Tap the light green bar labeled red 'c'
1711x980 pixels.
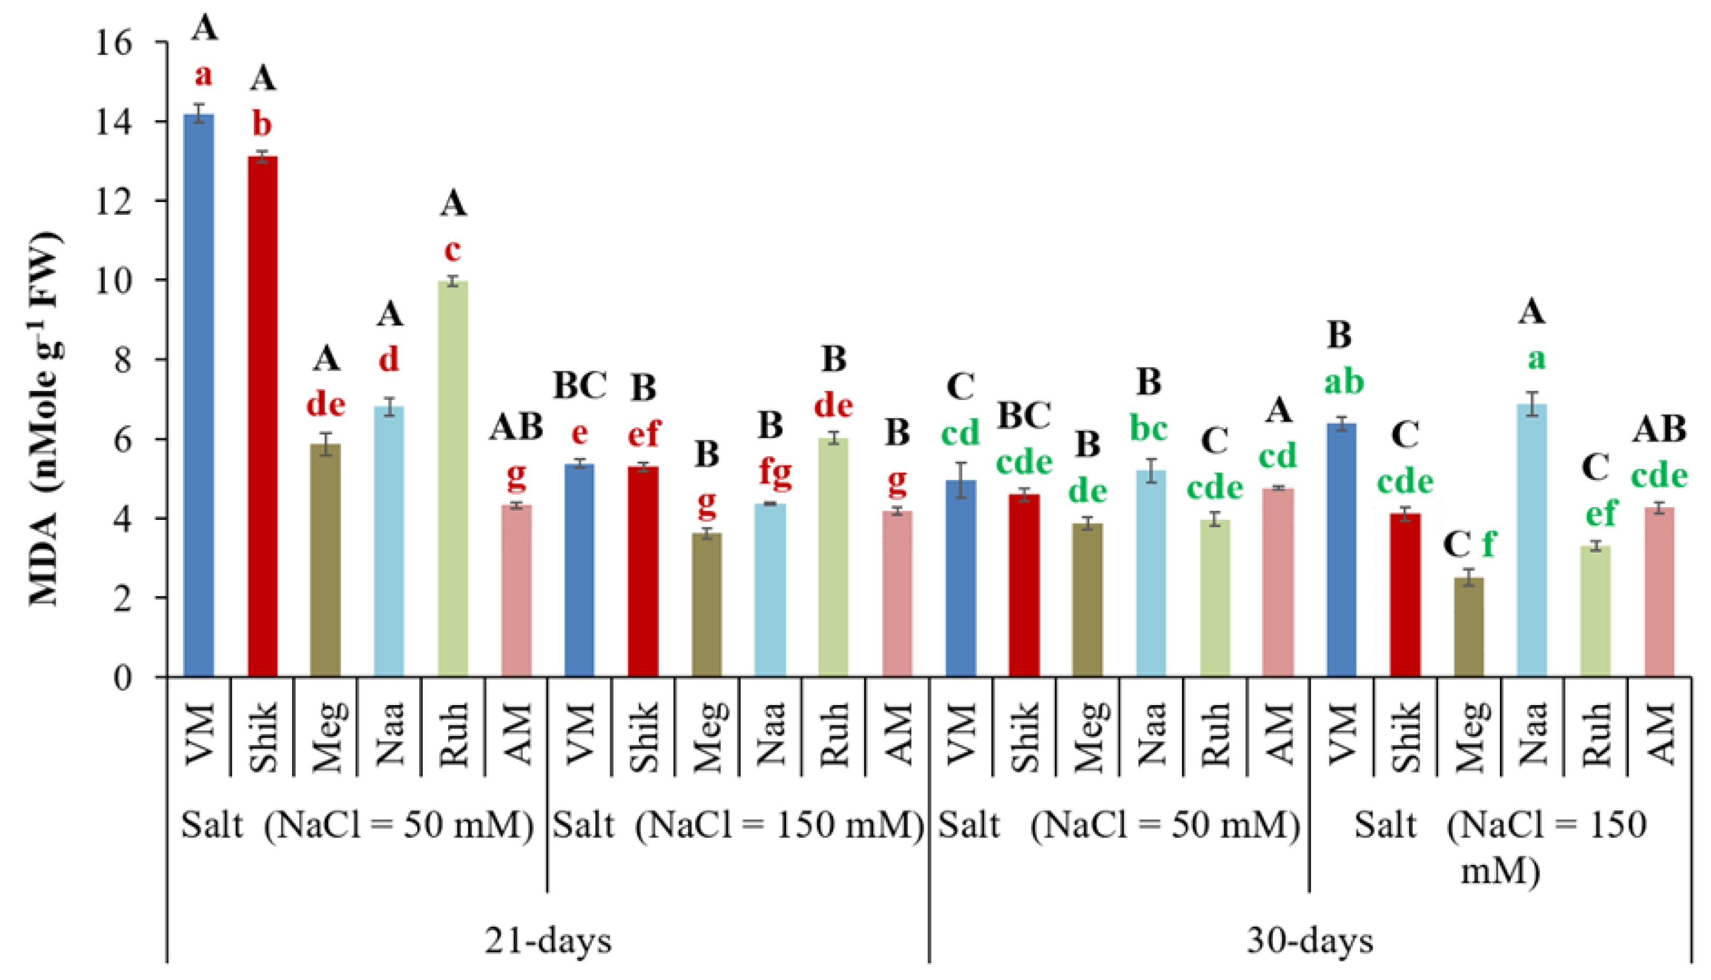click(453, 479)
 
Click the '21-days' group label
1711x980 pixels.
click(548, 940)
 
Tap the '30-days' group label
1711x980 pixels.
click(1310, 940)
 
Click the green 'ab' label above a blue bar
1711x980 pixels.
click(1344, 382)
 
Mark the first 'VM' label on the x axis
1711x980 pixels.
click(199, 734)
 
